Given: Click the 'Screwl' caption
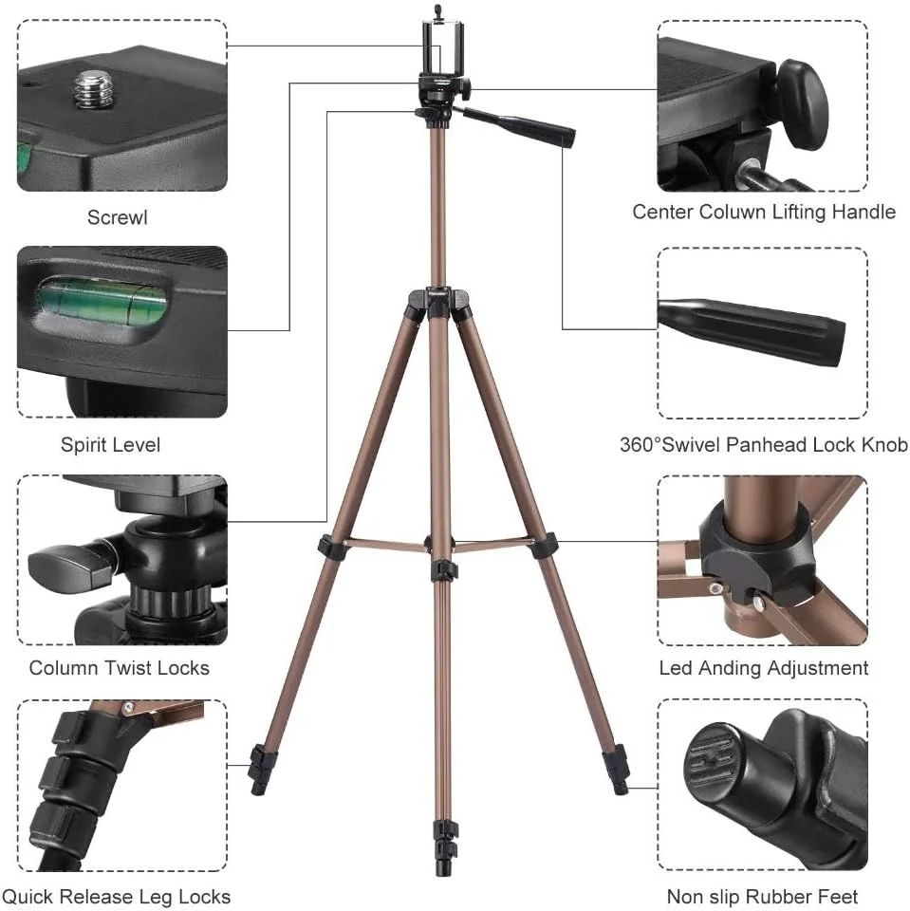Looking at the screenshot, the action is click(x=118, y=217).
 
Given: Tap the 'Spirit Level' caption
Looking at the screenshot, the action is click(x=110, y=445).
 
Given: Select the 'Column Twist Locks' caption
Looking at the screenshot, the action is click(x=120, y=668).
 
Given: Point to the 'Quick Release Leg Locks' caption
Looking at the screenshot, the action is click(x=116, y=897).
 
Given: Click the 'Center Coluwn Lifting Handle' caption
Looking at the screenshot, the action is click(x=764, y=212).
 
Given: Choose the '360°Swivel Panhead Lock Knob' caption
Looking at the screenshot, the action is click(x=764, y=445).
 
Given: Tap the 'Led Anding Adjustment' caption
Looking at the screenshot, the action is click(x=764, y=668).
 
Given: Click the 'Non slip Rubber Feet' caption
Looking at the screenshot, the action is click(x=762, y=897).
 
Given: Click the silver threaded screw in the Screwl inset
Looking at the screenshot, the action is click(x=94, y=88).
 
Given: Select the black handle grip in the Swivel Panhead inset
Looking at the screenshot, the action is click(x=752, y=330).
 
